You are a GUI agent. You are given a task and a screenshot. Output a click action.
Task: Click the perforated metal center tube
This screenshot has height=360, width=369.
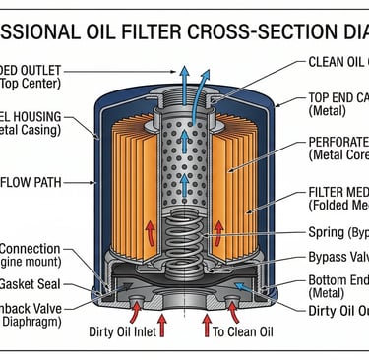click(183, 138)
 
